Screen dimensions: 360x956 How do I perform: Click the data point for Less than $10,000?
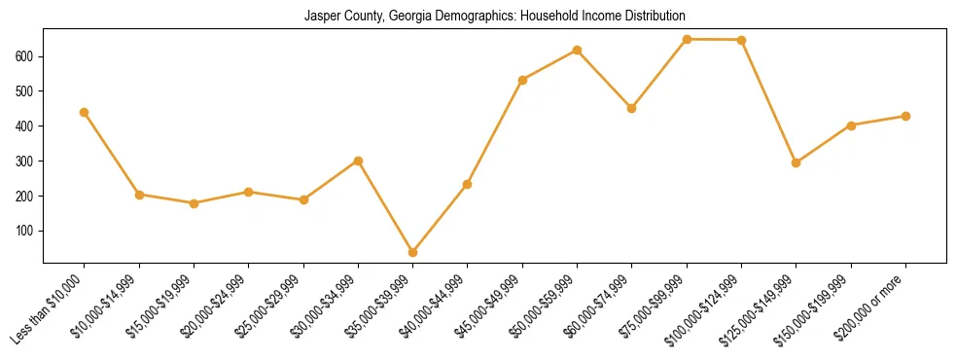[x=85, y=112]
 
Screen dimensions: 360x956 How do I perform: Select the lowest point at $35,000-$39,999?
[x=413, y=252]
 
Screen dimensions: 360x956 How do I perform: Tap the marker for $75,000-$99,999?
[x=687, y=39]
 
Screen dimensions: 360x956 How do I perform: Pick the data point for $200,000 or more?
[x=905, y=116]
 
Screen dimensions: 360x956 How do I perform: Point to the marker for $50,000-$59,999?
[x=578, y=50]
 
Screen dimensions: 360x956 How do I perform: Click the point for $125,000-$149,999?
[x=797, y=162]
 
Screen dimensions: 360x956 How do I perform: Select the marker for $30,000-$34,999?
[x=358, y=161]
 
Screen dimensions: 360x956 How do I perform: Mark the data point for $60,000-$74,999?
[x=632, y=108]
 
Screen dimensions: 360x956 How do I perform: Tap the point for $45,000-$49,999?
[x=523, y=80]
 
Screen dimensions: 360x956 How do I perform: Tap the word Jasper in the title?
[x=322, y=17]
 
